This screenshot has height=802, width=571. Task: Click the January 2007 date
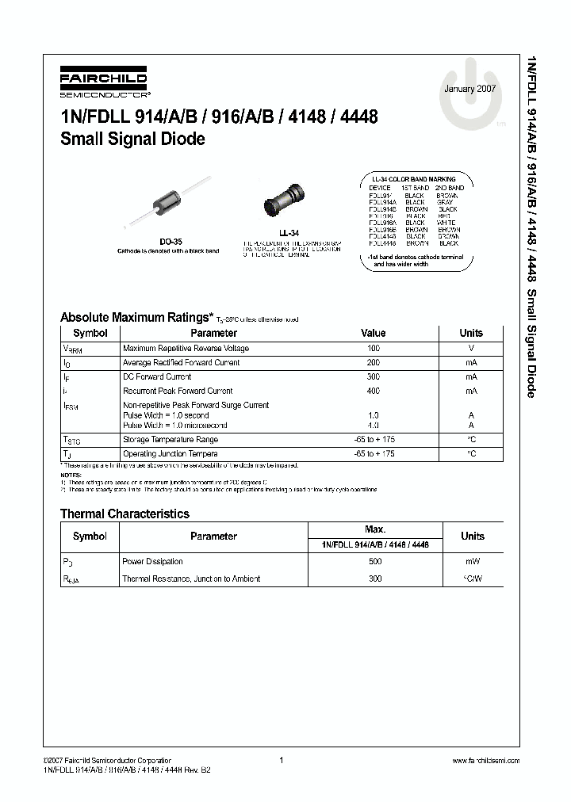(469, 89)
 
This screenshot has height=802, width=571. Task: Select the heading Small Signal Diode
(132, 139)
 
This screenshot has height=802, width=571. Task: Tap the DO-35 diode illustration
(171, 207)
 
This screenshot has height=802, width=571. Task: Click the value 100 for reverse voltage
(374, 349)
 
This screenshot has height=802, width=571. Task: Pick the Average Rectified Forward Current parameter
(181, 363)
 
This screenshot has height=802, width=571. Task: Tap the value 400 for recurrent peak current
(374, 391)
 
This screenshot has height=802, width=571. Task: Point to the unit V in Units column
(471, 349)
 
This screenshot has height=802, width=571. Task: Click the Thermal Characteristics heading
(125, 514)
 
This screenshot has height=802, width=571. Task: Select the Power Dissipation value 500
(374, 561)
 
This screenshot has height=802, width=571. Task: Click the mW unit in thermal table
(472, 561)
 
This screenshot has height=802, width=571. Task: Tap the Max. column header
(374, 529)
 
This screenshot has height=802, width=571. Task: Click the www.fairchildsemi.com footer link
(485, 760)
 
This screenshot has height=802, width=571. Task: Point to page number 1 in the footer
(282, 760)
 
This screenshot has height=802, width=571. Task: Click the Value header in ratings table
(374, 334)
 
